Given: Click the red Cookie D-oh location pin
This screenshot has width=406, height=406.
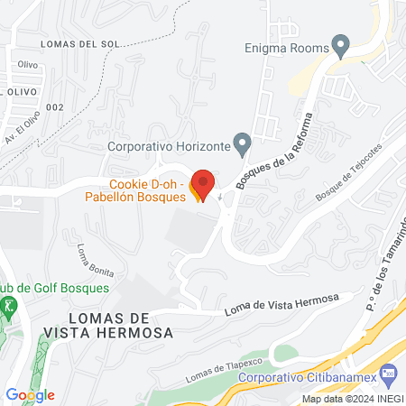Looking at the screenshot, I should pyautogui.click(x=203, y=184).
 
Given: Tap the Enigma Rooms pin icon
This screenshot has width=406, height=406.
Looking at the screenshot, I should pyautogui.click(x=340, y=43).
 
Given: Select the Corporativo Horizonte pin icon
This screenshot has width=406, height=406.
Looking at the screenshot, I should pyautogui.click(x=242, y=143).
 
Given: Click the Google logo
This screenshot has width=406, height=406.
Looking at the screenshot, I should pyautogui.click(x=30, y=394).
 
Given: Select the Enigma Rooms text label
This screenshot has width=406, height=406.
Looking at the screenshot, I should pyautogui.click(x=286, y=50).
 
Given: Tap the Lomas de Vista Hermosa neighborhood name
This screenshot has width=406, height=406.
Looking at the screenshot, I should pyautogui.click(x=119, y=326).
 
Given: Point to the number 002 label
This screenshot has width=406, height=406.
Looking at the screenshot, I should pyautogui.click(x=56, y=107).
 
